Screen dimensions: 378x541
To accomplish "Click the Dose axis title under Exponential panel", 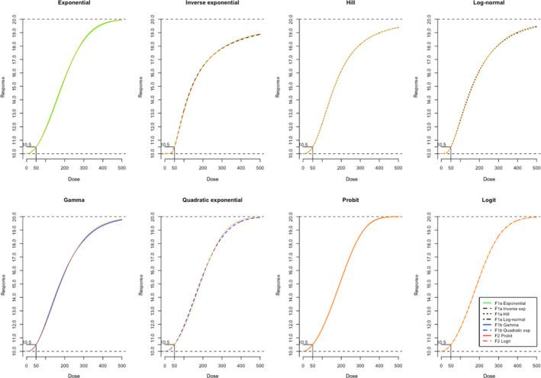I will point(74,179).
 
